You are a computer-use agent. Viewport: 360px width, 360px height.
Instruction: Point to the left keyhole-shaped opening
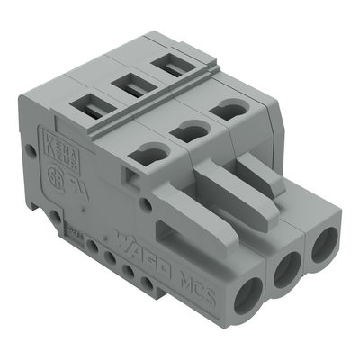[146, 154]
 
